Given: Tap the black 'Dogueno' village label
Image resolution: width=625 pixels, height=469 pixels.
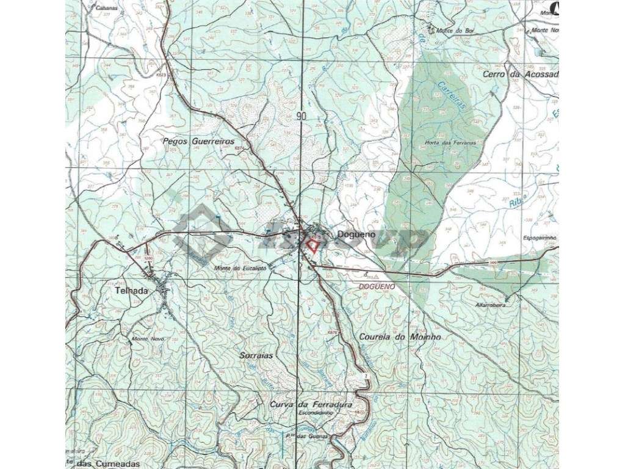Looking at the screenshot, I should click(x=350, y=233).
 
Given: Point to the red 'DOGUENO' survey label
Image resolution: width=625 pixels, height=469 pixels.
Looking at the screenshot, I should click(x=377, y=286).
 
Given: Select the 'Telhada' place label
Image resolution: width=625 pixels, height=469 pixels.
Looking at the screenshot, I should click(x=131, y=291).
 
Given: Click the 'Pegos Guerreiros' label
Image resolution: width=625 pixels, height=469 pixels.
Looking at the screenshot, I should click(x=198, y=140).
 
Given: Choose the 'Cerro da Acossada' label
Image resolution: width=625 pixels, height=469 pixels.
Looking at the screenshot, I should click(x=529, y=75).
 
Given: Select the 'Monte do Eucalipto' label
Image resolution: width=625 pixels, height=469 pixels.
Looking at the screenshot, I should click(x=238, y=267).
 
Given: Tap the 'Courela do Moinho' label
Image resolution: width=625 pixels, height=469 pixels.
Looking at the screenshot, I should click(x=400, y=336).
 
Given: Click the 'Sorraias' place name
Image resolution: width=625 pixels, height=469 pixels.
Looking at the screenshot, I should click(x=255, y=355).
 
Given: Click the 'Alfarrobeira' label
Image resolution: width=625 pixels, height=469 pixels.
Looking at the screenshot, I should click(x=491, y=305).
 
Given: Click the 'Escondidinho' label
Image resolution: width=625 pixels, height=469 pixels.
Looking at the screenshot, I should click(x=316, y=413).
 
